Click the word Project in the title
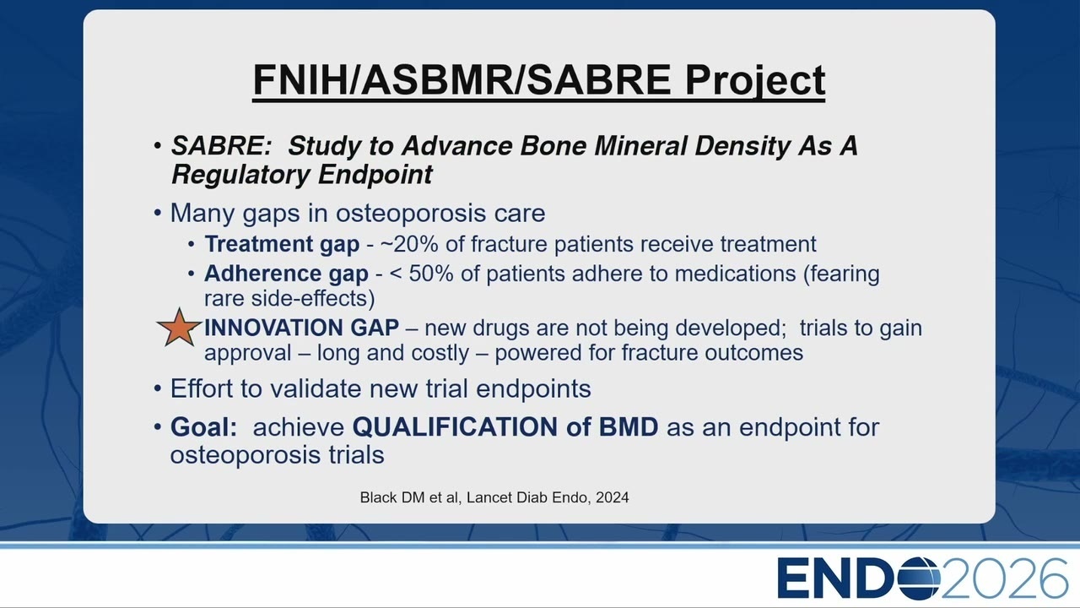coord(755,80)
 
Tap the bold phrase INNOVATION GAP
coord(301,328)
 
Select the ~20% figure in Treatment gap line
coord(409,244)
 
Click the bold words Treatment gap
coord(282,244)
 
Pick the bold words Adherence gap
coord(286,274)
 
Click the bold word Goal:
coord(204,427)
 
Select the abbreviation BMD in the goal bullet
coord(629,427)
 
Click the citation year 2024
coord(613,497)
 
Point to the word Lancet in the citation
coord(487,497)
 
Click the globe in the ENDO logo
coord(918,578)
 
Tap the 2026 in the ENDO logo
coord(1004,578)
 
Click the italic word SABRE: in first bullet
coord(222,145)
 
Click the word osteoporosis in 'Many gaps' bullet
coord(411,214)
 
